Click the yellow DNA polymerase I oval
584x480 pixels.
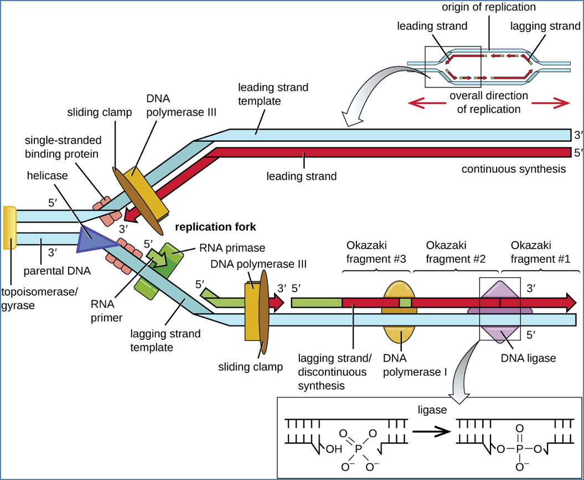coord(399,332)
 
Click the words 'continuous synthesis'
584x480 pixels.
coord(514,169)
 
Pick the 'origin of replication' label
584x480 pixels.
coord(489,7)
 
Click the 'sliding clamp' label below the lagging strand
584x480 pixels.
coord(251,367)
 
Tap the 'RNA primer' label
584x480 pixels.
coord(107,311)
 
